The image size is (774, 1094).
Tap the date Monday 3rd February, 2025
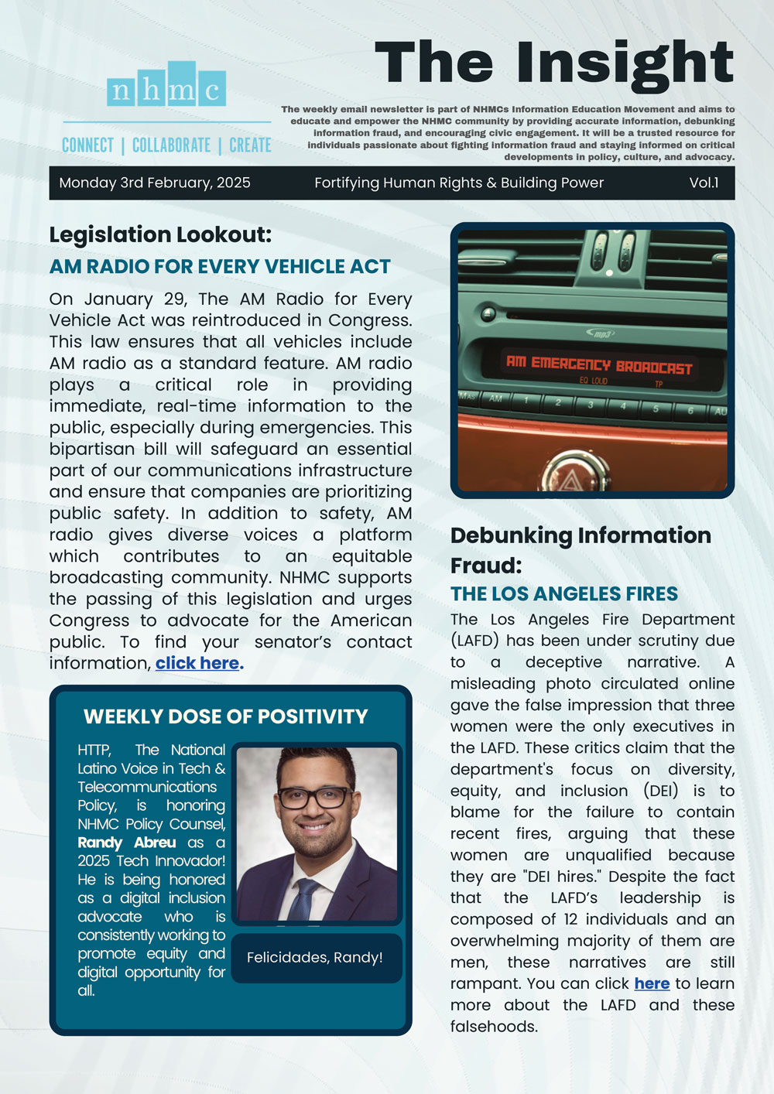(x=155, y=183)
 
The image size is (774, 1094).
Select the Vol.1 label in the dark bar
(x=704, y=183)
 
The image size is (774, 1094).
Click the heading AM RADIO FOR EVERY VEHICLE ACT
(x=220, y=266)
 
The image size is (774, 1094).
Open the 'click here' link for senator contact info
(x=197, y=663)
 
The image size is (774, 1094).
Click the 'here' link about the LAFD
(x=652, y=983)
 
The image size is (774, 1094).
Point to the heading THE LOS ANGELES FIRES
(x=564, y=593)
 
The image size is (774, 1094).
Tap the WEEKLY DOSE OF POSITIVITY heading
(x=226, y=716)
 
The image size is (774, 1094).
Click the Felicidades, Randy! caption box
(x=315, y=957)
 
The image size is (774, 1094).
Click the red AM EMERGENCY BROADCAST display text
(x=598, y=364)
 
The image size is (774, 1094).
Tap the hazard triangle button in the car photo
(x=570, y=481)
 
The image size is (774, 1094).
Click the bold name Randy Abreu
(x=127, y=843)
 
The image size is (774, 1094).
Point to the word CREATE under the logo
(x=250, y=145)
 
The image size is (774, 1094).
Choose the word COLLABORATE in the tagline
(x=171, y=145)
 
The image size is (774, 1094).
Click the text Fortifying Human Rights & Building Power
(x=459, y=183)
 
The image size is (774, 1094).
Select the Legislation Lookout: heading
(x=161, y=234)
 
